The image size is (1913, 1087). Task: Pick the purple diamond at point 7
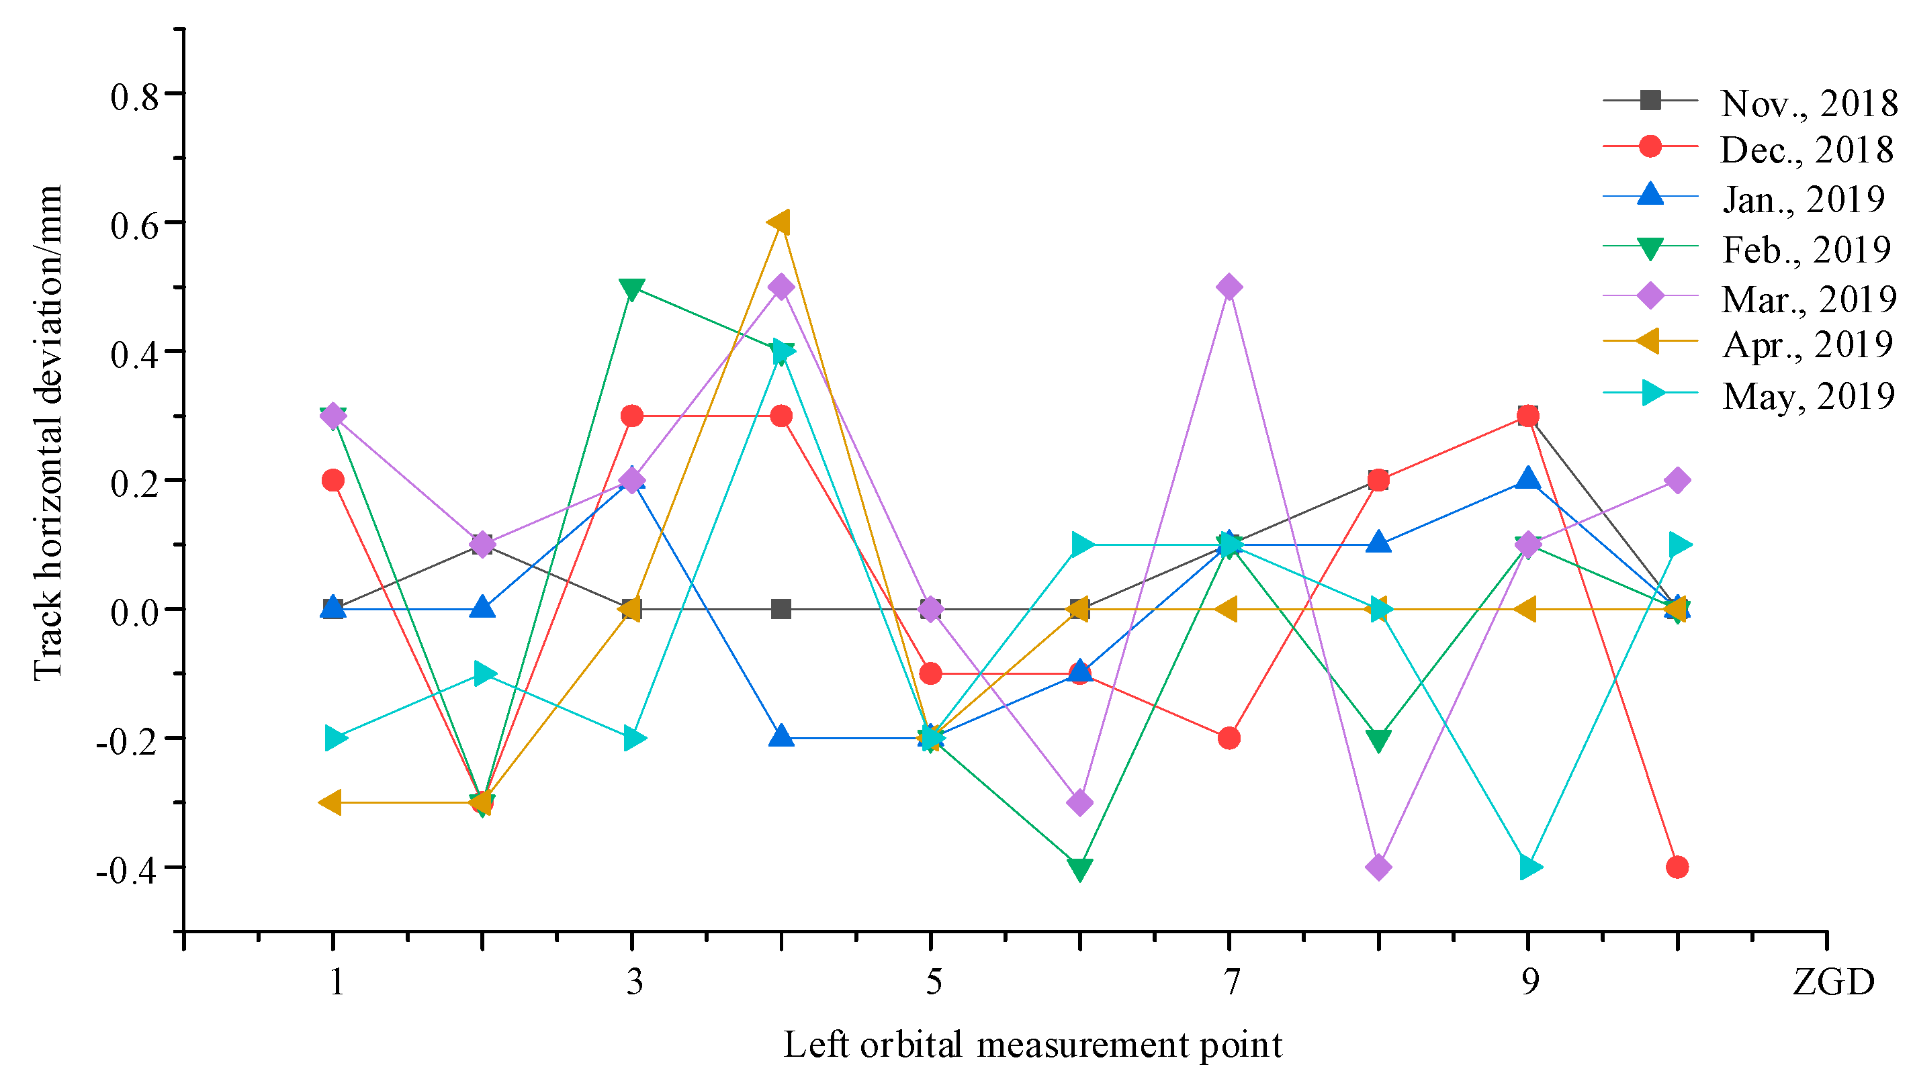pos(1229,287)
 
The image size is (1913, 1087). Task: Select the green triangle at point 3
pos(631,289)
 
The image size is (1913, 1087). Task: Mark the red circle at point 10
pos(1677,867)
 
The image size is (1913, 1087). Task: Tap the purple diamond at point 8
pos(1378,867)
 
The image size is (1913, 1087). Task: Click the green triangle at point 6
pos(1079,868)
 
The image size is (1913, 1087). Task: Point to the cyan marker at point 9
pos(1529,867)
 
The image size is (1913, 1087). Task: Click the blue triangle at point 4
pos(781,736)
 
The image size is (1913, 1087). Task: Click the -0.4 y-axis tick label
pos(127,869)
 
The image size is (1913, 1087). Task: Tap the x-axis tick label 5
pos(934,981)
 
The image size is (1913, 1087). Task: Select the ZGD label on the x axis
pos(1832,981)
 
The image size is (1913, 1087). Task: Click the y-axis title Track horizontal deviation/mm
pos(48,433)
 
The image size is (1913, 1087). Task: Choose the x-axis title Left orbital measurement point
pos(1032,1044)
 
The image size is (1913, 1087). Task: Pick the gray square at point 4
pos(781,609)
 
